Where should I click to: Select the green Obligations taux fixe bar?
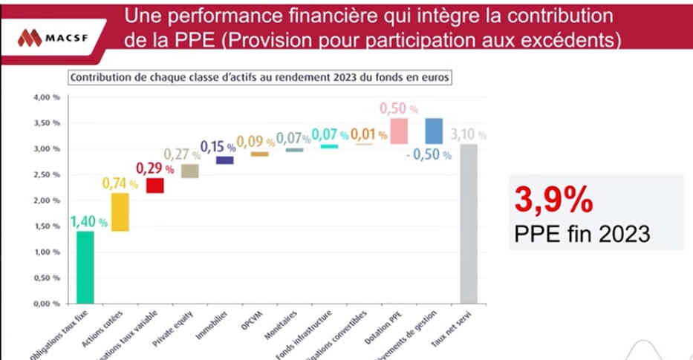pyautogui.click(x=85, y=267)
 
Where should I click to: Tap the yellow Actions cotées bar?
pyautogui.click(x=120, y=212)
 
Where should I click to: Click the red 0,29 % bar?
pyautogui.click(x=154, y=186)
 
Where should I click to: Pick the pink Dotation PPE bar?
pyautogui.click(x=399, y=131)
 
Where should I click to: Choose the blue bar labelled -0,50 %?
pyautogui.click(x=434, y=131)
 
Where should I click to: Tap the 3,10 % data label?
pyautogui.click(x=469, y=134)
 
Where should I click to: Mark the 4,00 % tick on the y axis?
pyautogui.click(x=46, y=97)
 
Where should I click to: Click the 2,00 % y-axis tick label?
pyautogui.click(x=46, y=200)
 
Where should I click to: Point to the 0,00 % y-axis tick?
pyautogui.click(x=46, y=304)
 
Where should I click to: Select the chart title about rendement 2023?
pyautogui.click(x=259, y=76)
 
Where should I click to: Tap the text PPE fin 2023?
pyautogui.click(x=582, y=234)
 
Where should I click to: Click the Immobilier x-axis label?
pyautogui.click(x=218, y=324)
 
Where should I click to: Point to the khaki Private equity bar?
pyautogui.click(x=189, y=171)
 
